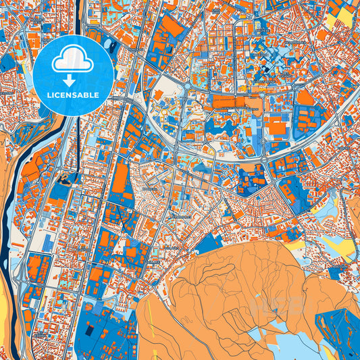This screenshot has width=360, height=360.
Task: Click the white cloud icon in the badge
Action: pos(72,61)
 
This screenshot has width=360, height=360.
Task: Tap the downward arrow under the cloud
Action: pos(72,78)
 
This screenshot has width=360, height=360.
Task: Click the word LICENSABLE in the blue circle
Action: pos(72,95)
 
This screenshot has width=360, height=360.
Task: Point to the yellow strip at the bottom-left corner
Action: pos(5,331)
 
